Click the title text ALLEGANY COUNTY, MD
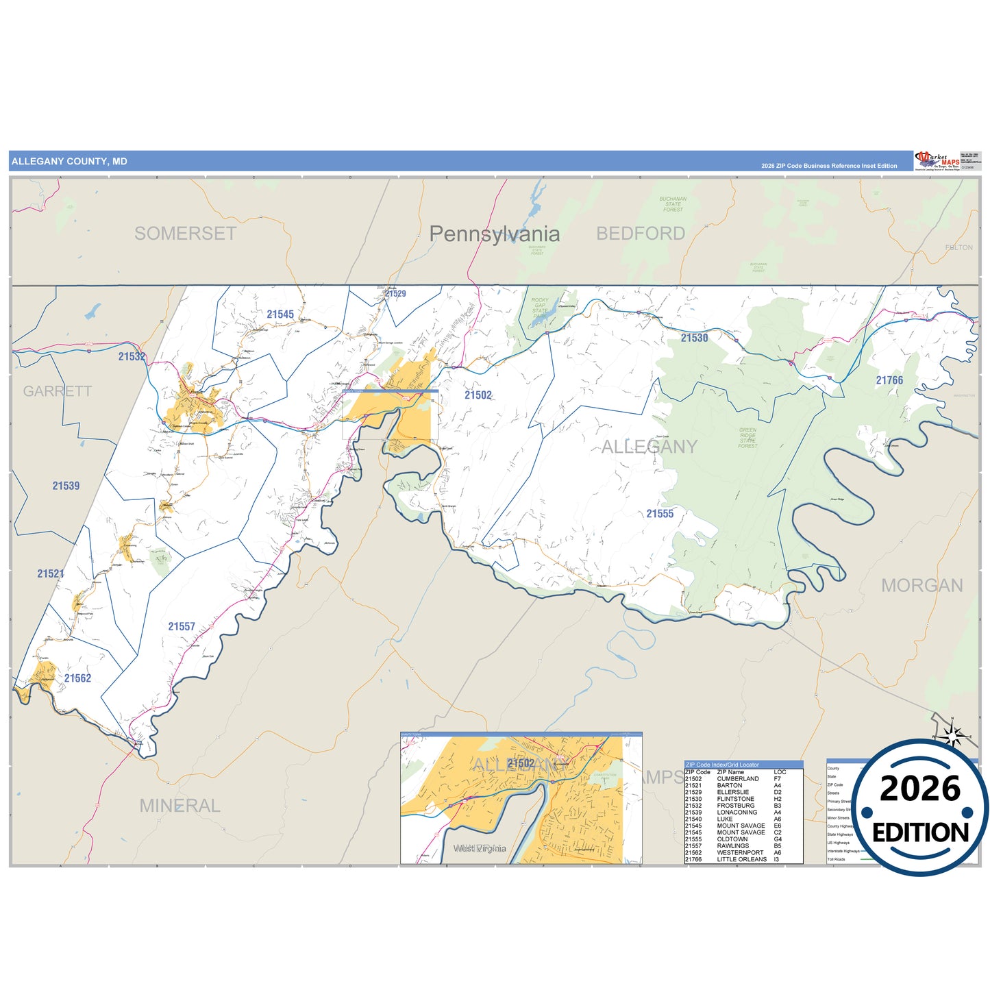click(x=69, y=162)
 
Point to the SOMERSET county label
click(x=185, y=234)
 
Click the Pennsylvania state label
click(x=494, y=234)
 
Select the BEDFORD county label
click(x=640, y=234)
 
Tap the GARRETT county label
click(x=57, y=391)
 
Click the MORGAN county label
click(x=921, y=586)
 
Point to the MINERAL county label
click(x=180, y=806)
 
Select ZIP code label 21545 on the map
click(x=280, y=314)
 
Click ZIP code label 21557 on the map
click(x=182, y=627)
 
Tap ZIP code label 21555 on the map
click(x=660, y=514)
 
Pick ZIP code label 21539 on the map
click(x=66, y=486)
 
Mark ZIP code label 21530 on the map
click(x=694, y=338)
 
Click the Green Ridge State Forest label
click(x=747, y=438)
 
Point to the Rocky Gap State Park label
click(x=540, y=308)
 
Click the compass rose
click(x=952, y=736)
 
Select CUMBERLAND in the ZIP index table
click(x=738, y=779)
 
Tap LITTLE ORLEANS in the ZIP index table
click(x=741, y=859)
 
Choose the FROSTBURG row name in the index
click(x=735, y=806)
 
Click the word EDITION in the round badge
click(x=920, y=832)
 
